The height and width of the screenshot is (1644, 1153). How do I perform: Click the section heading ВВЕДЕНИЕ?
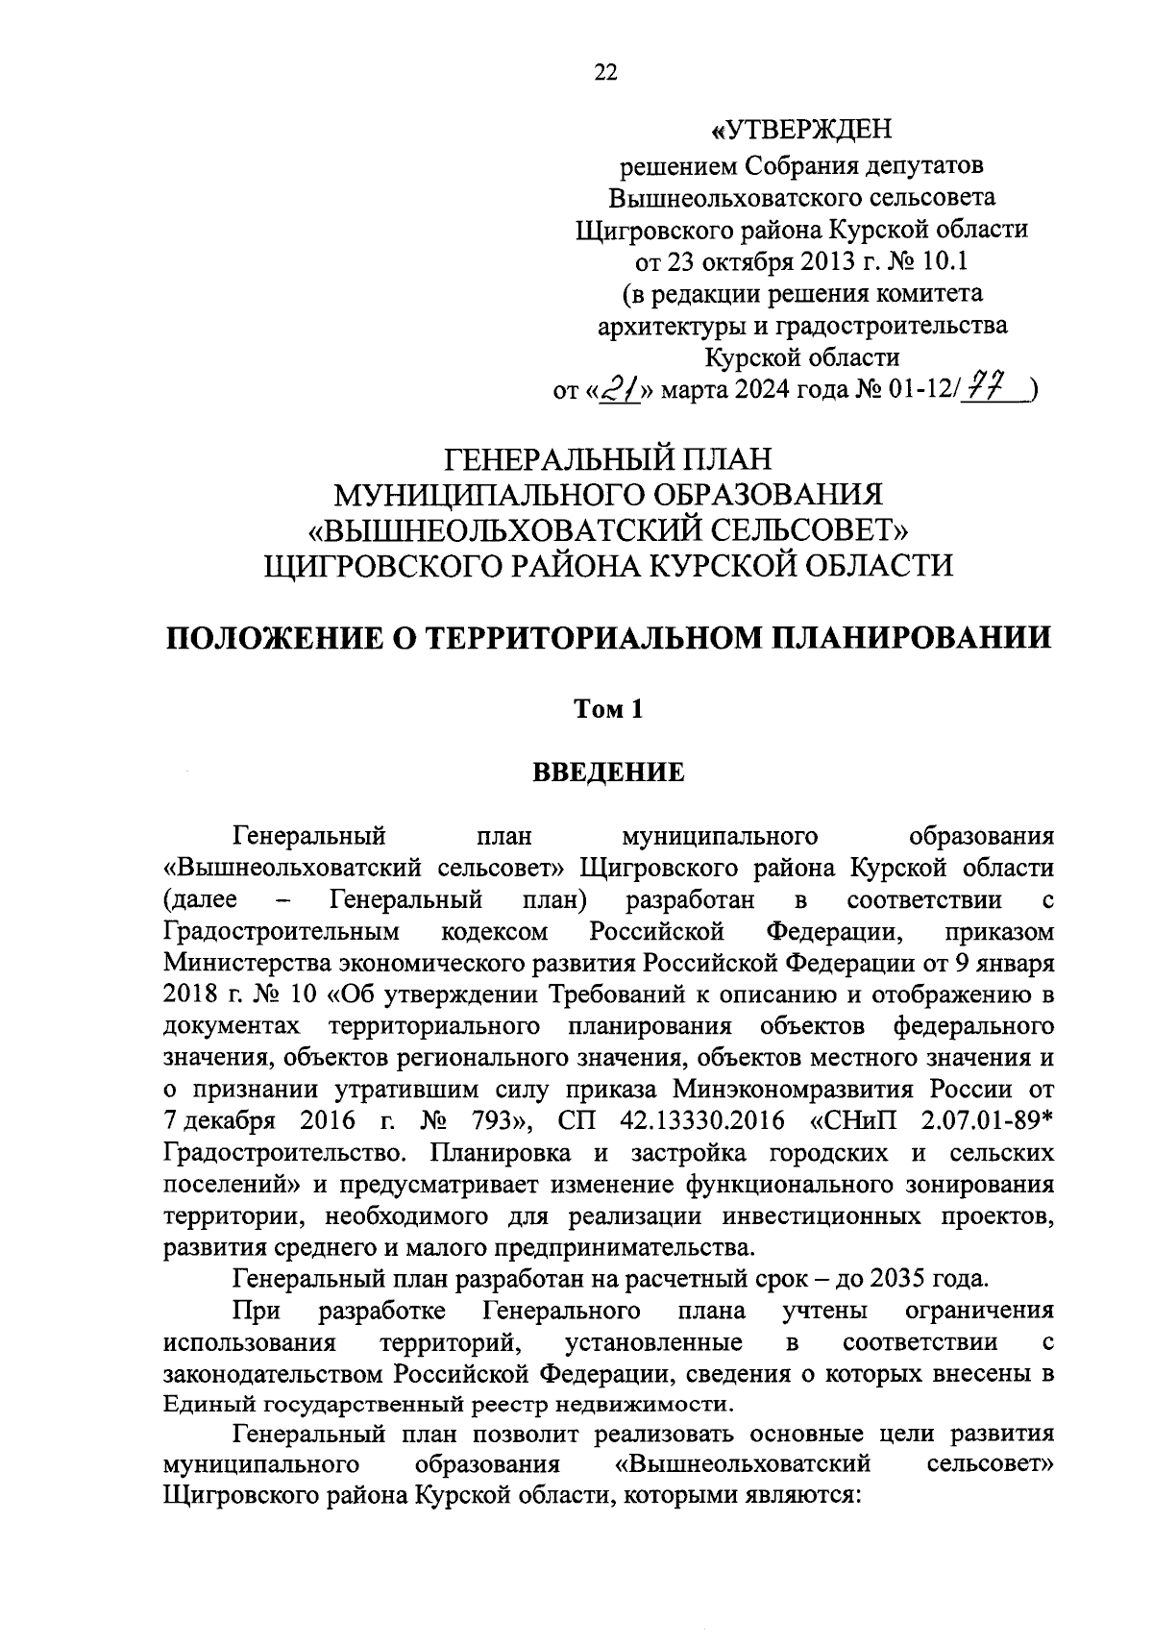(x=608, y=773)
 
